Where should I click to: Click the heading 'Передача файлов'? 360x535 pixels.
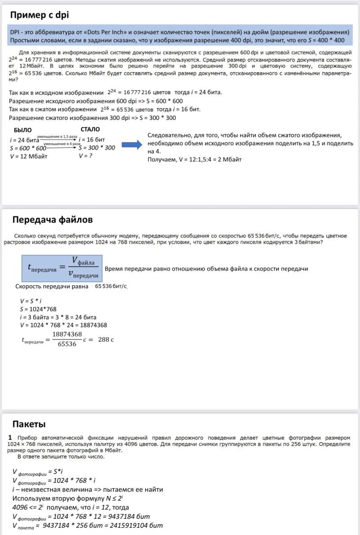[x=53, y=219]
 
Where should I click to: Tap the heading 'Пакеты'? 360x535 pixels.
[x=29, y=423]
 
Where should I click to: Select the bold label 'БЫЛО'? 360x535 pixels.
[x=23, y=130]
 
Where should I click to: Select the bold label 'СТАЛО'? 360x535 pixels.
[x=90, y=130]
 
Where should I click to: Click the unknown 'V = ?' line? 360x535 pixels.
[x=88, y=156]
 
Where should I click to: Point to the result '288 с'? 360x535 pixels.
[x=106, y=339]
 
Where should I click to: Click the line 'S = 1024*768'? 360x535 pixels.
[x=38, y=309]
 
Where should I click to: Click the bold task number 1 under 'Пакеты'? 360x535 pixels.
[x=10, y=437]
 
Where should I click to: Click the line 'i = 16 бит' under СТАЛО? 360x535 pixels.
[x=92, y=139]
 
